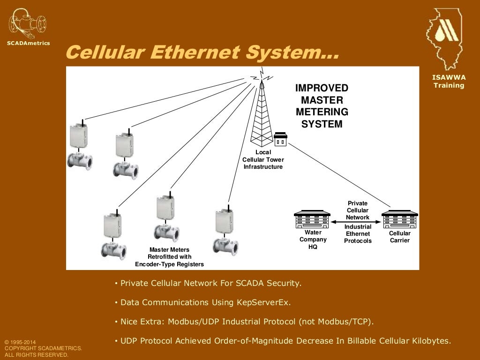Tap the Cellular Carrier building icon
click(399, 220)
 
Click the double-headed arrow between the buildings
click(356, 223)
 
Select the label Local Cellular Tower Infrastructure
click(263, 160)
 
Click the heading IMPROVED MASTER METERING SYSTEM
click(322, 106)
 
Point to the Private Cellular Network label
click(358, 210)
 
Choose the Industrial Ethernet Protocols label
click(358, 234)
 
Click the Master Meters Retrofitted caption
click(169, 257)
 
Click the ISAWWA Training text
click(449, 82)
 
